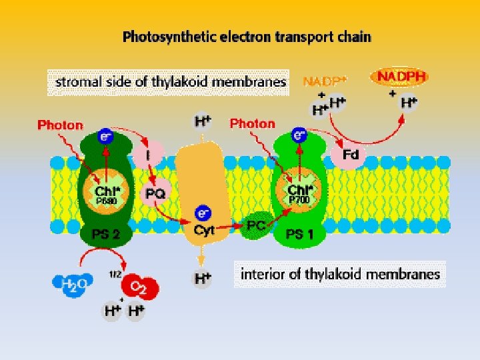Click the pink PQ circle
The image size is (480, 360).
(157, 192)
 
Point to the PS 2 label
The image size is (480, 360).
(105, 233)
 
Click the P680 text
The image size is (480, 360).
(105, 200)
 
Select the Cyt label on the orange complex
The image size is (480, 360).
(203, 229)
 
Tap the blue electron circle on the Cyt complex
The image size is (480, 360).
(203, 213)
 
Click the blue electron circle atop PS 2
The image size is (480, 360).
(105, 136)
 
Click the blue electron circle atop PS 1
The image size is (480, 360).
(299, 135)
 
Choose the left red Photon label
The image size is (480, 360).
(60, 125)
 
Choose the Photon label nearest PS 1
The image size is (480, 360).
(252, 123)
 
